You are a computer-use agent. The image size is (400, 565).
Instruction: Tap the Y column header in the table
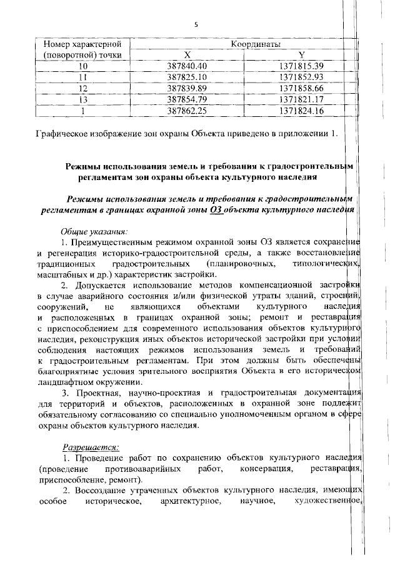pyautogui.click(x=301, y=55)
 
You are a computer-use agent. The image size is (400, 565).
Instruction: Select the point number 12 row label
pyautogui.click(x=82, y=88)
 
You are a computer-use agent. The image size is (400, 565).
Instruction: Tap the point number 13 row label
pyautogui.click(x=82, y=99)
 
